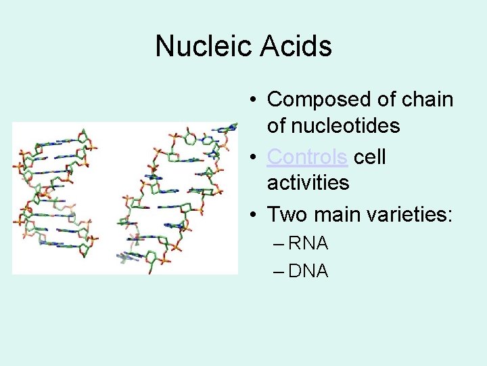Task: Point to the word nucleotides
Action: [333, 125]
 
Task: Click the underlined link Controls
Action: [308, 157]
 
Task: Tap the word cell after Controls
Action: [370, 157]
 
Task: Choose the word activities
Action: [308, 182]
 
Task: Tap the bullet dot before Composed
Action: [252, 100]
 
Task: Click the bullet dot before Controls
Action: [252, 157]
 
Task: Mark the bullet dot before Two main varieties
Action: [252, 215]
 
